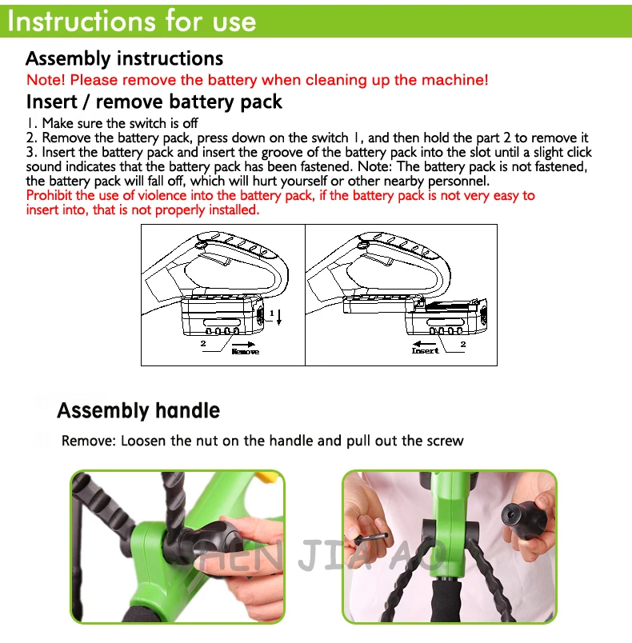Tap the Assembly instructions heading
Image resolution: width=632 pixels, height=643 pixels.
coord(124,58)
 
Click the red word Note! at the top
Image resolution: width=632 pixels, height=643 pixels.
coord(46,79)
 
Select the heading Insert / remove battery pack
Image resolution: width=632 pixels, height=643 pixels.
coord(154,102)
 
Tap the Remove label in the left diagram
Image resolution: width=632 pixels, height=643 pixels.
coord(246,351)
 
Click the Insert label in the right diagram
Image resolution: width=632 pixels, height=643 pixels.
coord(426,350)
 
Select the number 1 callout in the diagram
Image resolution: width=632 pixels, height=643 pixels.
coord(272,314)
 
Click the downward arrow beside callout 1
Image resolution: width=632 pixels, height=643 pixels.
coord(279,318)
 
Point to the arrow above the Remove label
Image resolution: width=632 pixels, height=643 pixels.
coord(243,345)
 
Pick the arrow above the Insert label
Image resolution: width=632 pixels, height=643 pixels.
coord(425,344)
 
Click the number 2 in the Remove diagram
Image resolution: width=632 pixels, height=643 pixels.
coord(203,343)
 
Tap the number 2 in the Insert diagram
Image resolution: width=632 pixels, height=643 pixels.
coord(463,344)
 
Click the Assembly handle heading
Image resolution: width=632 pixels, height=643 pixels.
coord(138,410)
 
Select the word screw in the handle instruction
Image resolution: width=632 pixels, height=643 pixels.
coord(446,441)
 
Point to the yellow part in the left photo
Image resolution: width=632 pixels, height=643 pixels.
coord(267,476)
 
